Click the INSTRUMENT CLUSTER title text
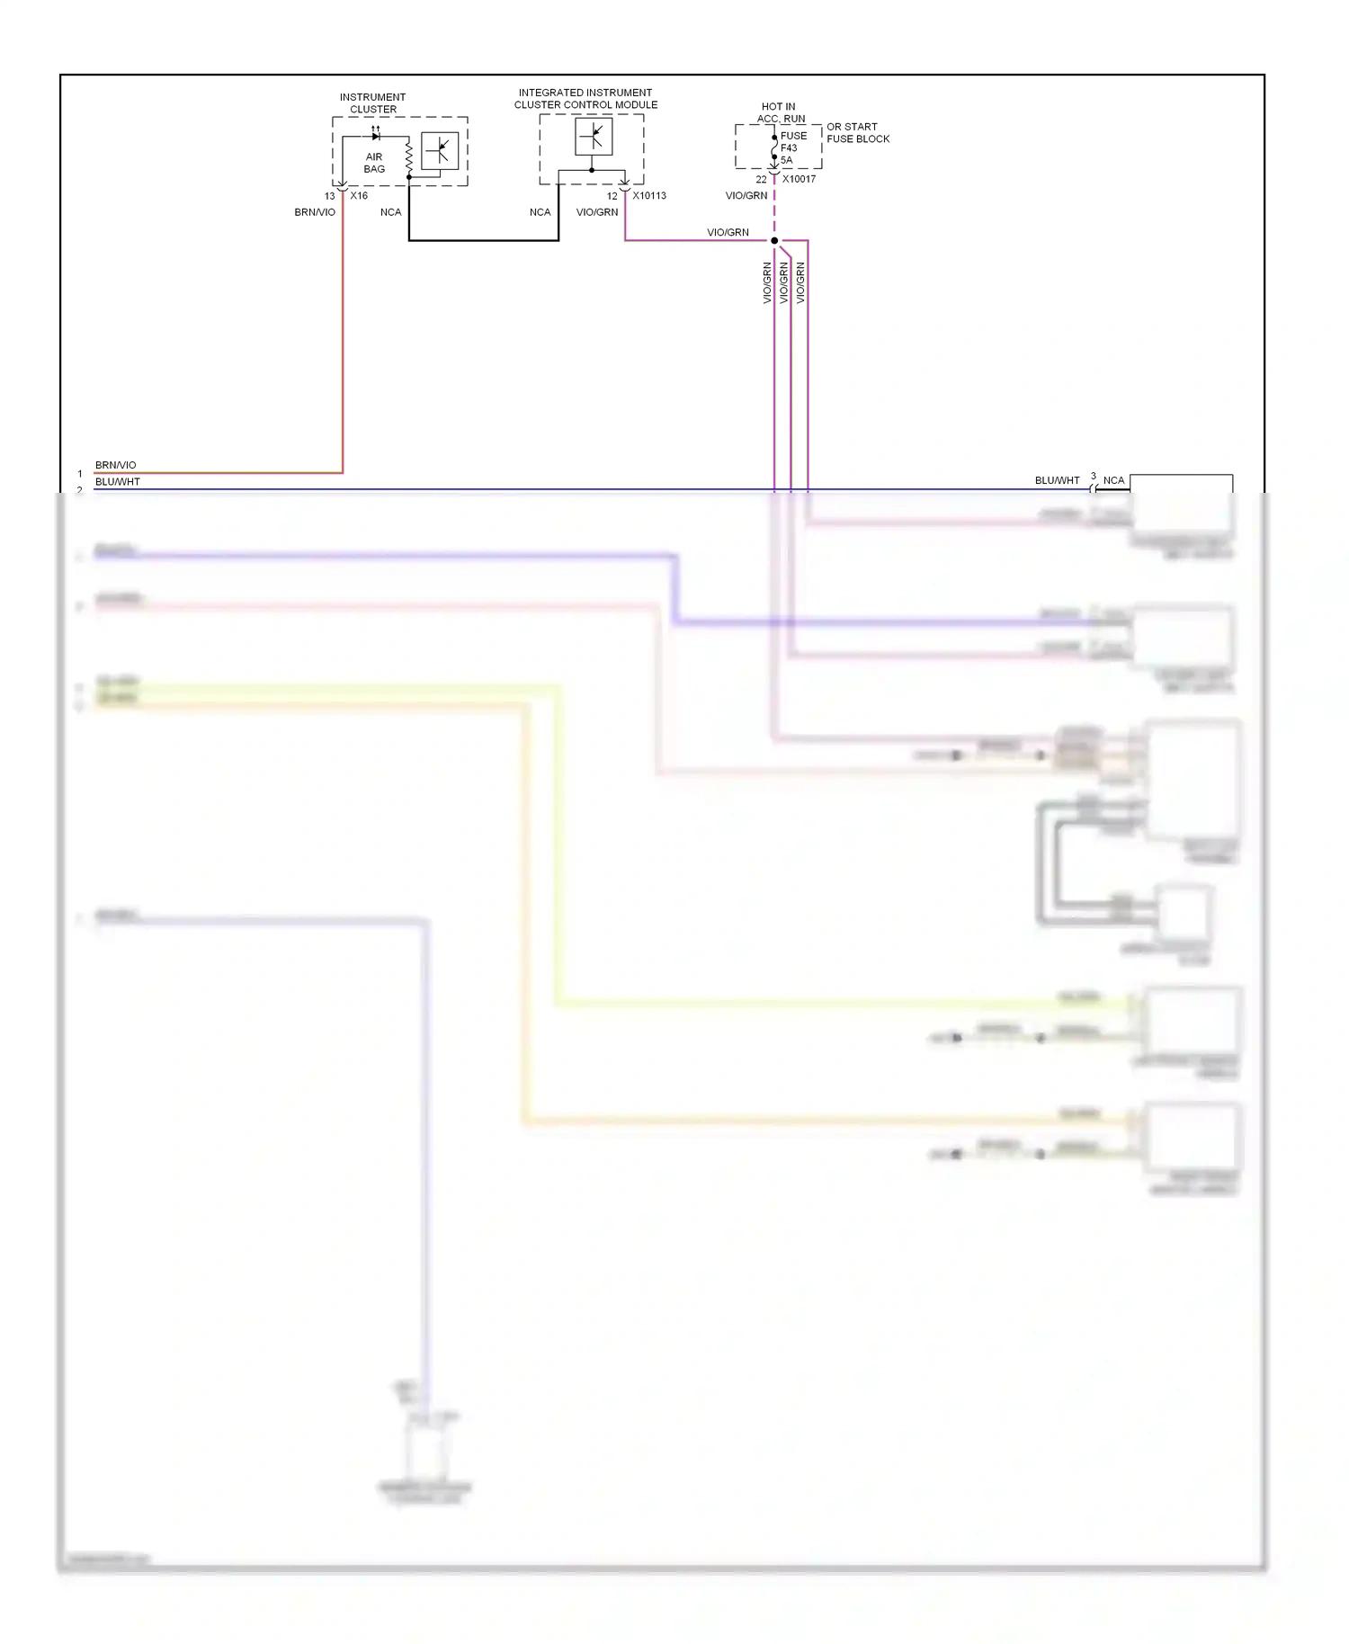372,103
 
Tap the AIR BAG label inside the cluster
374,163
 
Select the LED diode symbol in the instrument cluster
375,136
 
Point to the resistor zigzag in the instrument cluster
408,157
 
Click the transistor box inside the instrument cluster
440,151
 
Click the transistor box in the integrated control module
594,137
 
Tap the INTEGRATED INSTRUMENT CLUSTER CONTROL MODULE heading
585,99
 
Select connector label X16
359,196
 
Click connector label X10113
648,196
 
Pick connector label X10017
799,179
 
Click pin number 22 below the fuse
761,180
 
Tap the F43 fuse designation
789,148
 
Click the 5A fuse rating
787,160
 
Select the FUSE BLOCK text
858,139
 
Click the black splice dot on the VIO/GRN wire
774,241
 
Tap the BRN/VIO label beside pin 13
315,213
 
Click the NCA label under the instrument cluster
390,213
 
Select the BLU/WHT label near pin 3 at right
1057,480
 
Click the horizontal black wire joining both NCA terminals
484,241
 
